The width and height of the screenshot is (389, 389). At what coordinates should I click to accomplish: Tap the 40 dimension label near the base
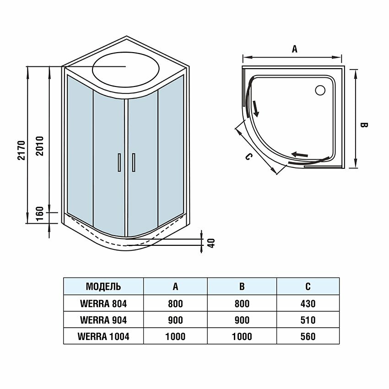click(211, 243)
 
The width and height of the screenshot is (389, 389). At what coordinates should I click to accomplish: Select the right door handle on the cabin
click(134, 162)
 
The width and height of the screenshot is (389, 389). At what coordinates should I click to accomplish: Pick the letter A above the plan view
click(295, 49)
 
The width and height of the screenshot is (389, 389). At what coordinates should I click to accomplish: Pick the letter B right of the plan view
click(364, 125)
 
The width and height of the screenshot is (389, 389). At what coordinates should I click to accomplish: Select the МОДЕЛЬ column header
click(103, 287)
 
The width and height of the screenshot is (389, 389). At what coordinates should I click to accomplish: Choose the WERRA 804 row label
click(103, 303)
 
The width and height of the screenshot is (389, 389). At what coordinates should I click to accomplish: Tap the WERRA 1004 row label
click(103, 336)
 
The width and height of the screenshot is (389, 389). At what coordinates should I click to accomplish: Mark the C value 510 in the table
click(308, 320)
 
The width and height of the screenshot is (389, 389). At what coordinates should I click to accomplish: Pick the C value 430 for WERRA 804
click(308, 303)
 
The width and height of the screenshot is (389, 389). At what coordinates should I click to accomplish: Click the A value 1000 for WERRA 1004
click(175, 336)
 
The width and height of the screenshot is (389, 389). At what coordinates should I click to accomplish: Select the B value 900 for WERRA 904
click(242, 320)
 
